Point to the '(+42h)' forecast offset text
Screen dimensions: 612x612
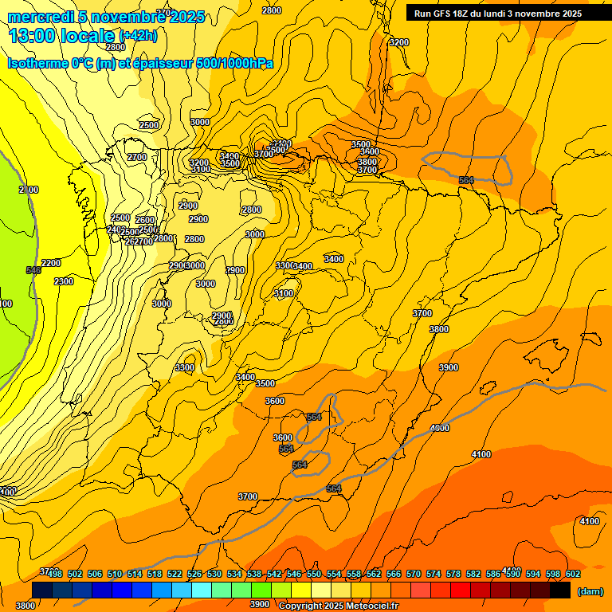[x=138, y=36]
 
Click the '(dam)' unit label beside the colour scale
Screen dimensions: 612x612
[x=590, y=591]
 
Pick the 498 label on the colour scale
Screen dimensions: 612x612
[x=55, y=574]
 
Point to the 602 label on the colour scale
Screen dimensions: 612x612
[x=572, y=574]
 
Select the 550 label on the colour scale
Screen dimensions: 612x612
[x=314, y=574]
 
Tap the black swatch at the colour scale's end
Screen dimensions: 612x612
[x=560, y=590]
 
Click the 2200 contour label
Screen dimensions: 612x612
[x=51, y=263]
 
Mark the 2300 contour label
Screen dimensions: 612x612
[x=64, y=281]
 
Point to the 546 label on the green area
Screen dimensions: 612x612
[x=33, y=271]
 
